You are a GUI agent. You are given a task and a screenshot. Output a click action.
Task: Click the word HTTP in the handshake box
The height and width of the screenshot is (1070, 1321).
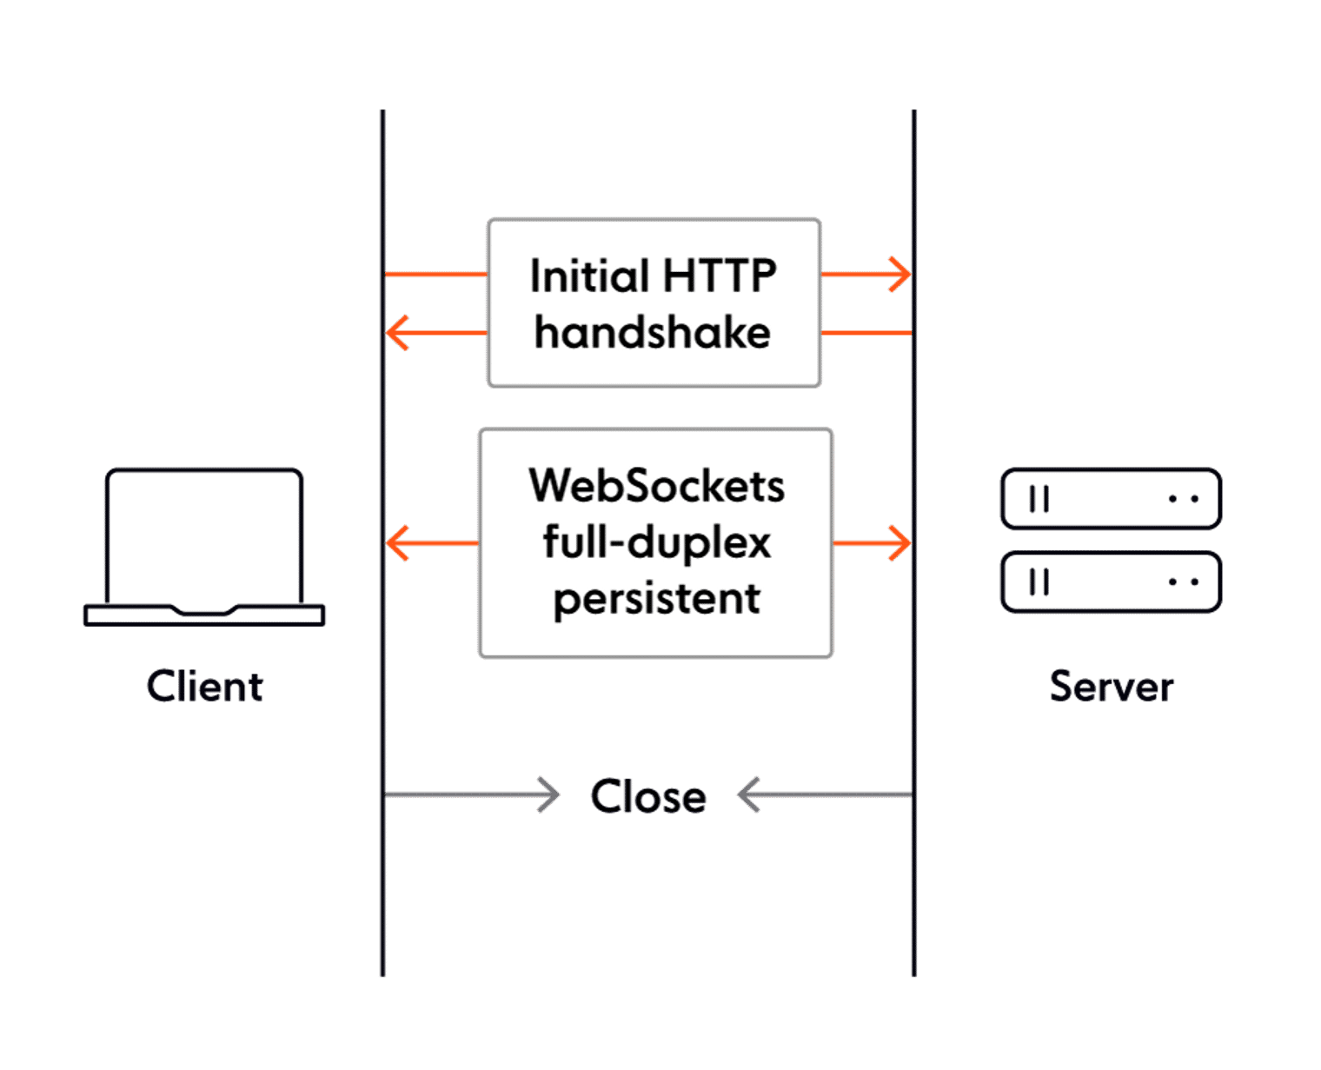click(720, 276)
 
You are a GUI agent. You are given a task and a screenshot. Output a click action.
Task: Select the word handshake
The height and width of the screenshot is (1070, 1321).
click(653, 333)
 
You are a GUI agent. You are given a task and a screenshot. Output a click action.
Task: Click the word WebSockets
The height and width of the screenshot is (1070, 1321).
click(656, 486)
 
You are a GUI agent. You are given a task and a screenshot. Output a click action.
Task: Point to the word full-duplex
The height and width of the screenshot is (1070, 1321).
click(656, 543)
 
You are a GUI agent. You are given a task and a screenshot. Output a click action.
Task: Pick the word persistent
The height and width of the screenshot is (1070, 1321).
click(656, 599)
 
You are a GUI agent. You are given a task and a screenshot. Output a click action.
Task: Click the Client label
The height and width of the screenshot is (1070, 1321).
click(205, 687)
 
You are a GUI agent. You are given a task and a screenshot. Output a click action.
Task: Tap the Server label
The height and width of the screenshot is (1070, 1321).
click(1112, 687)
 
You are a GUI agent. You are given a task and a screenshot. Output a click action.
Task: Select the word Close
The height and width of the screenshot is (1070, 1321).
click(648, 796)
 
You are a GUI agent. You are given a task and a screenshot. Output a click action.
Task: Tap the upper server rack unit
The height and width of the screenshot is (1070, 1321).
click(1111, 499)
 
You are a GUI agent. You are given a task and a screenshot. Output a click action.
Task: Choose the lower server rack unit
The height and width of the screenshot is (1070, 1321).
click(1111, 582)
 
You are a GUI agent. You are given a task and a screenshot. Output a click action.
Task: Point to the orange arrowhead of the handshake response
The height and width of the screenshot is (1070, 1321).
click(396, 333)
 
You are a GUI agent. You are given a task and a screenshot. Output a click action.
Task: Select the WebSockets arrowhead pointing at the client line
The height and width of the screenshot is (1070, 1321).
click(396, 543)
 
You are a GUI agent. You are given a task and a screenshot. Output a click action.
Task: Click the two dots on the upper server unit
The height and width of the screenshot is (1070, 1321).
click(1184, 499)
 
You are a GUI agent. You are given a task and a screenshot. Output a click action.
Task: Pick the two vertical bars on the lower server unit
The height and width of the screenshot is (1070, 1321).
click(1039, 582)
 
